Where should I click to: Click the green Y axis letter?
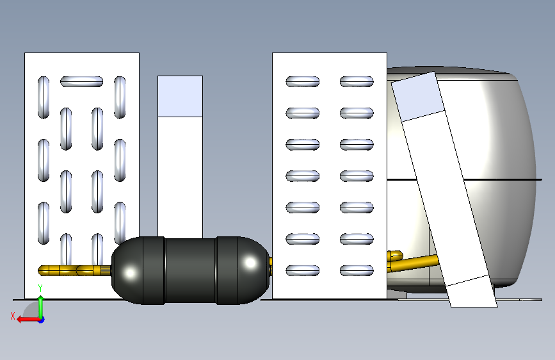pyautogui.click(x=40, y=288)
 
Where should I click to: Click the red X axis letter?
pyautogui.click(x=13, y=316)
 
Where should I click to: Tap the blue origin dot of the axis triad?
pyautogui.click(x=42, y=320)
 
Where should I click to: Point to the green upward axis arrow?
pyautogui.click(x=41, y=306)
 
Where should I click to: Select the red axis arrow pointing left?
pyautogui.click(x=28, y=320)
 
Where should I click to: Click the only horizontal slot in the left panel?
pyautogui.click(x=81, y=81)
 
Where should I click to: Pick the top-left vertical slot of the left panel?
pyautogui.click(x=44, y=97)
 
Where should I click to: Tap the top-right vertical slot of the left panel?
pyautogui.click(x=120, y=97)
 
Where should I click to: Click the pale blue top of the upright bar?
pyautogui.click(x=180, y=96)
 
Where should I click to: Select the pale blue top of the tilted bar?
pyautogui.click(x=417, y=96)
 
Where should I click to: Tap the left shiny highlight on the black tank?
pyautogui.click(x=130, y=273)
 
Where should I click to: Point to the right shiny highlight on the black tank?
pyautogui.click(x=250, y=263)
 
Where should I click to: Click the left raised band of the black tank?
pyautogui.click(x=154, y=270)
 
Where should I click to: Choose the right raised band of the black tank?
pyautogui.click(x=227, y=270)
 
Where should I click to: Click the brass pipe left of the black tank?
pyautogui.click(x=74, y=270)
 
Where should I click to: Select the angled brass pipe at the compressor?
pyautogui.click(x=414, y=263)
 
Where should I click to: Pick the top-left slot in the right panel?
pyautogui.click(x=303, y=81)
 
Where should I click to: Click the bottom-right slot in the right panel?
pyautogui.click(x=357, y=270)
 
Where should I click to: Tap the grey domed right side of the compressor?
pyautogui.click(x=510, y=177)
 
